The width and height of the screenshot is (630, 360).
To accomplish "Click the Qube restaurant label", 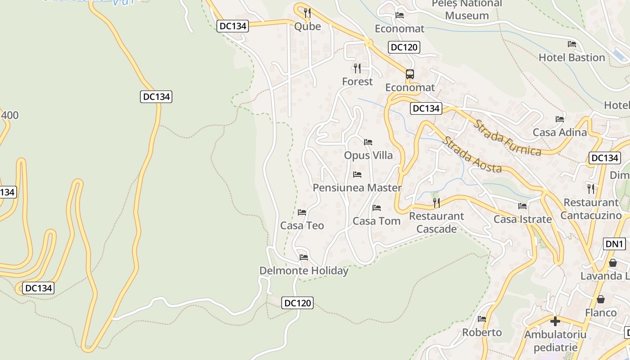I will (x=307, y=27).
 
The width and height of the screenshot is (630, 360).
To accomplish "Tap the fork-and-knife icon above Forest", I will (x=357, y=68).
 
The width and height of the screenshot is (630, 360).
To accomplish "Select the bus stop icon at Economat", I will (x=409, y=74).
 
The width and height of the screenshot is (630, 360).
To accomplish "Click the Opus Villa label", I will (x=368, y=156).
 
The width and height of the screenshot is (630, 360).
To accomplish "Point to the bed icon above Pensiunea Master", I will (x=357, y=174).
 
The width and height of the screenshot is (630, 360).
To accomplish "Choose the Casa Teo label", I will (x=302, y=225).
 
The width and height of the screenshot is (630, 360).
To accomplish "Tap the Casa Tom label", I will (x=377, y=221).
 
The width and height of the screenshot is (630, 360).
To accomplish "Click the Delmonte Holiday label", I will (x=304, y=271).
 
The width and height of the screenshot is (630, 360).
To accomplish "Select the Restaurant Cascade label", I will (x=436, y=222).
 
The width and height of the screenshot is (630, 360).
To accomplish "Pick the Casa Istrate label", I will (x=522, y=219).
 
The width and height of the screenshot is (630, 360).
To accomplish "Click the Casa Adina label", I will (x=560, y=132).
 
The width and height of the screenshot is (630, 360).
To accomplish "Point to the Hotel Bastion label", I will (x=571, y=58).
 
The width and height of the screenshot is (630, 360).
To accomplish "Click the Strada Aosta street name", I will (x=472, y=155).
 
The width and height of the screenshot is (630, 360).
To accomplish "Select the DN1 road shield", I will (x=614, y=244).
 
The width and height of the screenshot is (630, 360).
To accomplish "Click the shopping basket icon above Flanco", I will (x=601, y=299).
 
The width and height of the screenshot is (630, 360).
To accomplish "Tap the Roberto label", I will (x=482, y=333).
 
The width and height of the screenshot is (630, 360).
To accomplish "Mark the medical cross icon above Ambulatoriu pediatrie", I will (x=555, y=321).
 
